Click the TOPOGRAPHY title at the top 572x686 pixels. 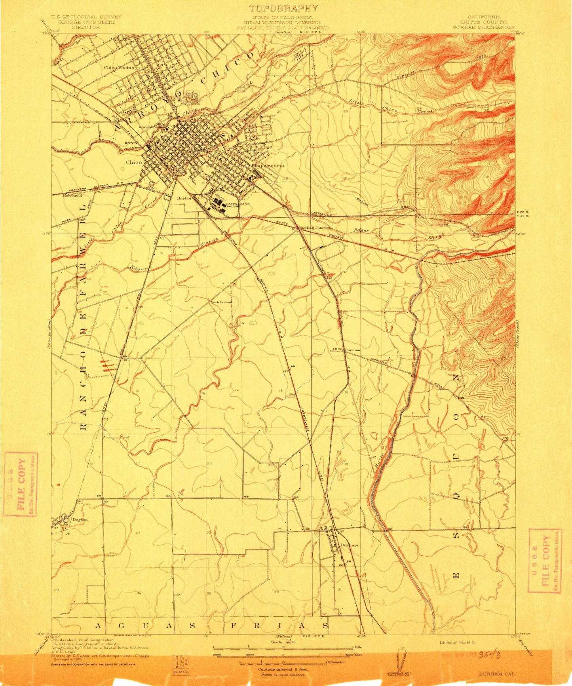tap(283, 8)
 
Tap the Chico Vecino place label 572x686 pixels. tap(119, 68)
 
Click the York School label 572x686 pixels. tap(221, 302)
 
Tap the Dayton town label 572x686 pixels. tap(80, 519)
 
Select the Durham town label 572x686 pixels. tap(349, 545)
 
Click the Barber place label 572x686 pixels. tap(184, 198)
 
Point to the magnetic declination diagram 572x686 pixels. tap(405, 659)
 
